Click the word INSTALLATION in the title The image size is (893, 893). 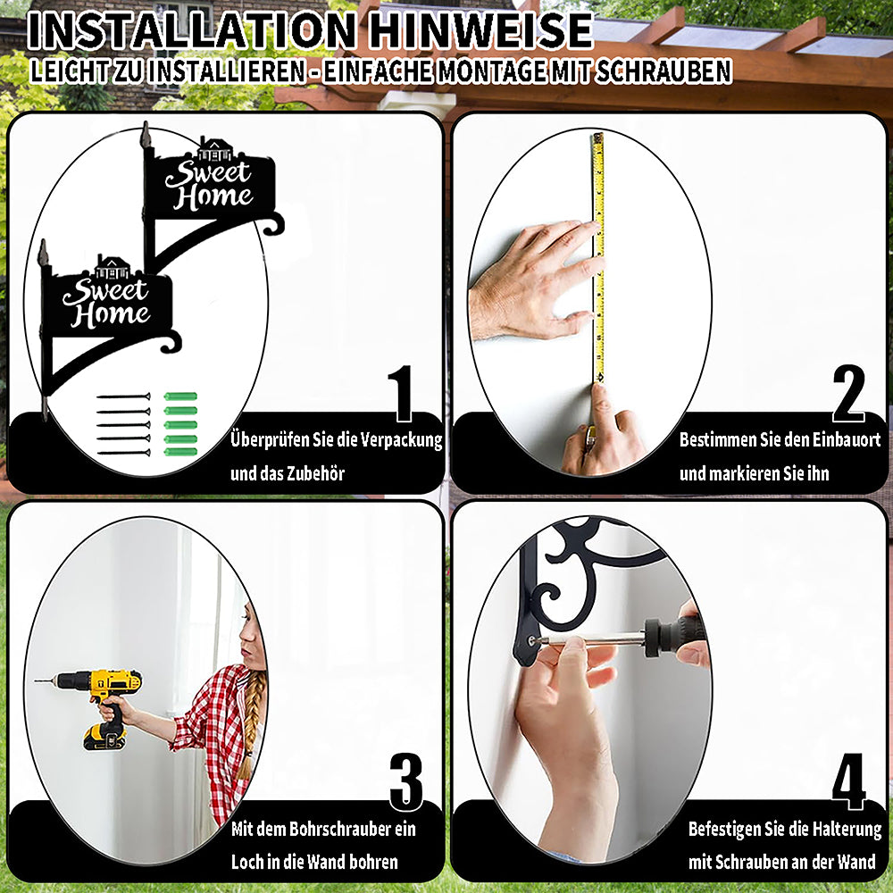click(x=192, y=30)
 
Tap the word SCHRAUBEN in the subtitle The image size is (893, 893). click(x=663, y=71)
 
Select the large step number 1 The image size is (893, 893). click(x=402, y=393)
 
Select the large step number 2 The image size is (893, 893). click(x=848, y=393)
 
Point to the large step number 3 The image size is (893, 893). click(x=406, y=781)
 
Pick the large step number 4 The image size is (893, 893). click(x=848, y=781)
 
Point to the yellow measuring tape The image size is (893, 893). click(x=598, y=257)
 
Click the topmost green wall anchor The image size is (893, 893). click(x=180, y=396)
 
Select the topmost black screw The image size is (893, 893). click(x=123, y=396)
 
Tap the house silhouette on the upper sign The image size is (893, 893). click(x=214, y=149)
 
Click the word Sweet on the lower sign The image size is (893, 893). click(x=105, y=292)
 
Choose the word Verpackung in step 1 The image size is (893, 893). click(x=402, y=440)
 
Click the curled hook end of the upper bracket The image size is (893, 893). click(x=272, y=224)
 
